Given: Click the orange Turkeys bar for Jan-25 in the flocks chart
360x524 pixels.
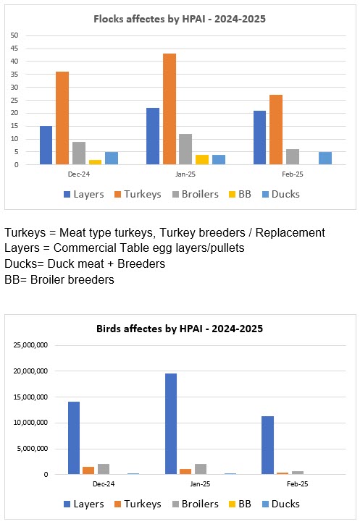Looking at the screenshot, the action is click(x=169, y=109).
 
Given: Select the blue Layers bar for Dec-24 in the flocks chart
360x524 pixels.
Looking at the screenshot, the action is click(x=46, y=145).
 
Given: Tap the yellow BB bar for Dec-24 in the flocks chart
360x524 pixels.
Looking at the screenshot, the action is click(x=95, y=162).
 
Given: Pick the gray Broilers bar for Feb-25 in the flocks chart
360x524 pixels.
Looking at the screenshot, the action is click(x=293, y=157).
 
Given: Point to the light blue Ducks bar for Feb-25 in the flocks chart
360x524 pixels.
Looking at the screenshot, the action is click(x=325, y=158).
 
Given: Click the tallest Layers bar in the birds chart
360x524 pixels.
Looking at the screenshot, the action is click(x=171, y=423).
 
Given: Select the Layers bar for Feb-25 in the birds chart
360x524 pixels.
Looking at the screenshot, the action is click(x=268, y=445).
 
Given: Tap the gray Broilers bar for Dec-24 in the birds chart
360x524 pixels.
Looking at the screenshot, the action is click(x=104, y=469).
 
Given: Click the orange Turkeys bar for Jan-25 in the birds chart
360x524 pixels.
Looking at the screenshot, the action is click(x=185, y=472).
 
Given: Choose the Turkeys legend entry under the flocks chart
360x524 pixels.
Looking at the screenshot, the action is click(x=138, y=194).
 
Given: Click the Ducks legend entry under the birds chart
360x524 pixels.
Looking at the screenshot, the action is click(x=281, y=504).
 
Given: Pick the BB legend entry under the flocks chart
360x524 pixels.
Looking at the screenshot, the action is click(x=240, y=194).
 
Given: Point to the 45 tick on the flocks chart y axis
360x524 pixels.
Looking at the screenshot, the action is click(x=14, y=48).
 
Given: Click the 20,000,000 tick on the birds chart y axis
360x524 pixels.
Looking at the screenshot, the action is click(x=30, y=371).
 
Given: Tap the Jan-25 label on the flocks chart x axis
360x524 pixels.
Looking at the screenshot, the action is click(x=185, y=174).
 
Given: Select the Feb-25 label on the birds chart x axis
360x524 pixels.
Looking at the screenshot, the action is click(x=298, y=484).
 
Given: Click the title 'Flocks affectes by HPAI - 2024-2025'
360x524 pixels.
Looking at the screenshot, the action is click(x=180, y=19).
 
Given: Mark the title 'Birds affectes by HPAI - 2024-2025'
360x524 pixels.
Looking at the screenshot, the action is click(x=180, y=329).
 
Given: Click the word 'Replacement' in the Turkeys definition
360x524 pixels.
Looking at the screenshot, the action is click(x=290, y=232).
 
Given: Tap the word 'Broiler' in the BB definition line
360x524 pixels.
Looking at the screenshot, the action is click(x=48, y=279).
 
